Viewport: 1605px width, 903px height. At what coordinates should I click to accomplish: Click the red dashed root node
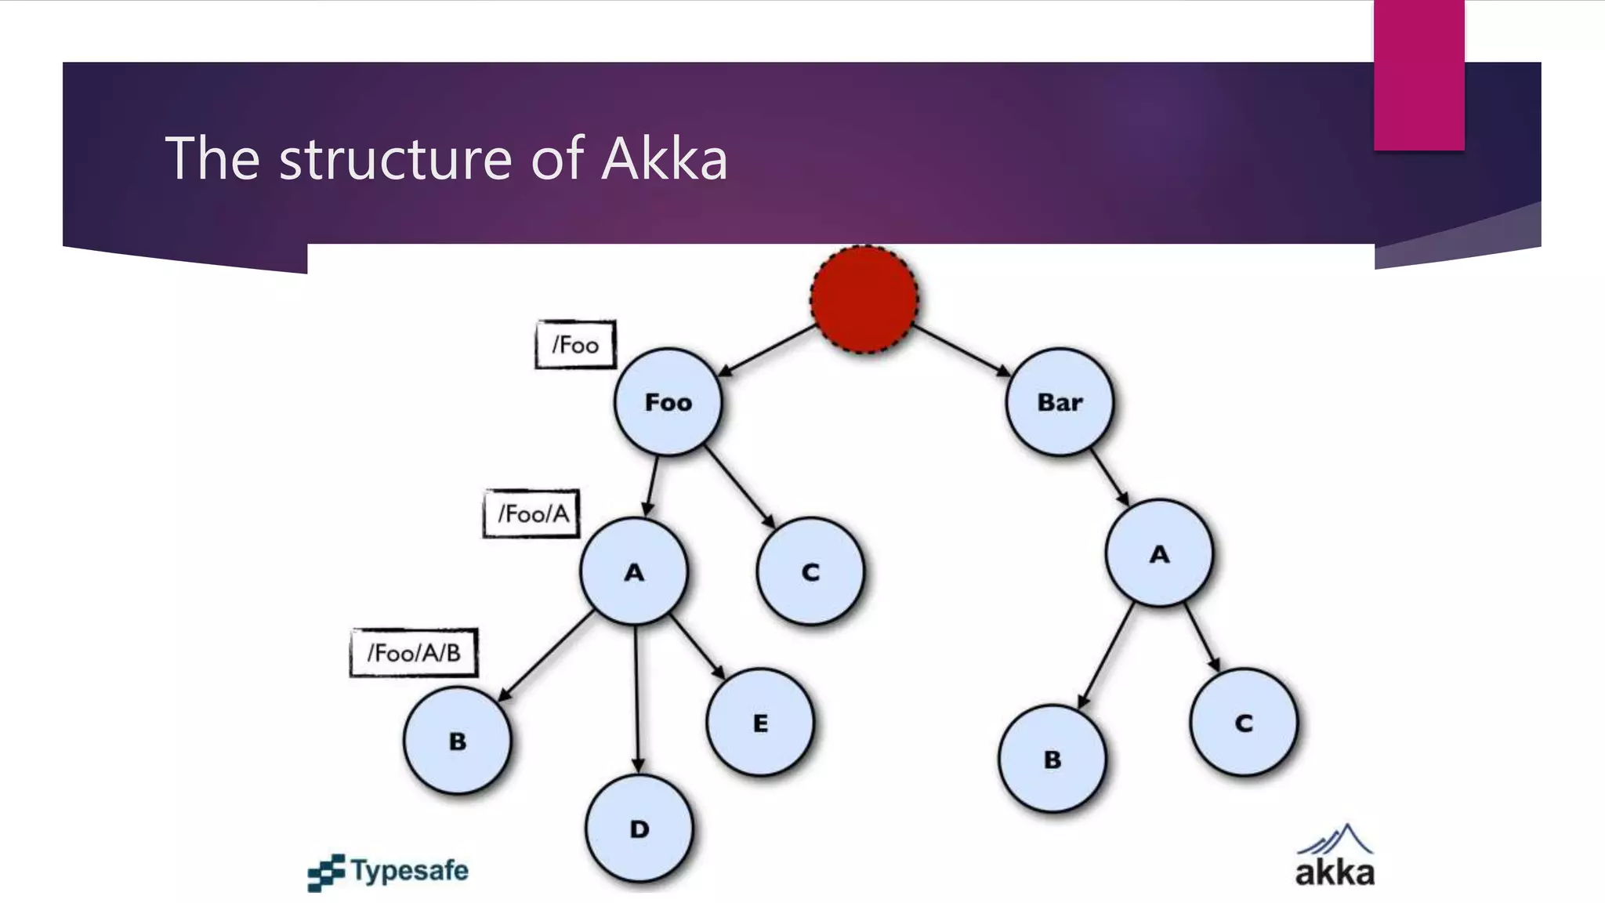(864, 299)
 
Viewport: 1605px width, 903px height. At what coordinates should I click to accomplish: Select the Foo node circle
(668, 402)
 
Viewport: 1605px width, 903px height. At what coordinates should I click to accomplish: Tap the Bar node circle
(1060, 402)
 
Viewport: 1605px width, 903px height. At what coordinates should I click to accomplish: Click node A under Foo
(634, 571)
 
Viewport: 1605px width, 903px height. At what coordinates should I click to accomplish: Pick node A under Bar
(1159, 553)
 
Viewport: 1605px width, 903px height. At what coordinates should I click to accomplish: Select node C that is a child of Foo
(810, 571)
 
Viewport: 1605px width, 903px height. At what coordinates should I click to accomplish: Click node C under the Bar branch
(1244, 722)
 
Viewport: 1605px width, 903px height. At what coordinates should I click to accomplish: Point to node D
(639, 829)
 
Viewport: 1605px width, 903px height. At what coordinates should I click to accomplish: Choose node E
(760, 722)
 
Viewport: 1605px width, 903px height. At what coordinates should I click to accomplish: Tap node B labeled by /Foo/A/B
(458, 741)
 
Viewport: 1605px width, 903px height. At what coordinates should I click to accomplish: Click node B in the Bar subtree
(1052, 759)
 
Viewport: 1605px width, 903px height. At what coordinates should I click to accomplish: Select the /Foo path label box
(576, 345)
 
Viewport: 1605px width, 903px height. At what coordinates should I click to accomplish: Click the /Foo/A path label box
(532, 514)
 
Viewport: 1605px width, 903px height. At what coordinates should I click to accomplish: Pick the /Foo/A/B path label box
(414, 652)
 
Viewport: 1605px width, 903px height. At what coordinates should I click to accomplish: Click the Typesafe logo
(389, 872)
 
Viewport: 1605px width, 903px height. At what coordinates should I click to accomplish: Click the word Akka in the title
(665, 159)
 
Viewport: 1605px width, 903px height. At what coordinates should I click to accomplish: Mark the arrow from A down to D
(636, 698)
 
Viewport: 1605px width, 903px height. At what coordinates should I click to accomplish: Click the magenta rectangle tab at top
(1418, 74)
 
